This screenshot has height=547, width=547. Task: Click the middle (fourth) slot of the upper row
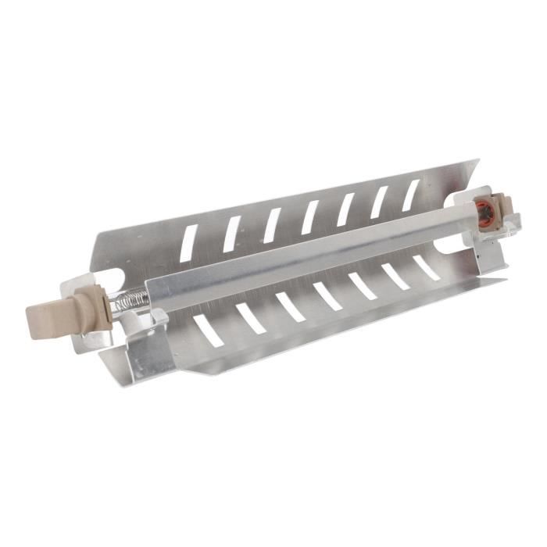(310, 217)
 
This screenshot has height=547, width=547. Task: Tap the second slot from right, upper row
(379, 202)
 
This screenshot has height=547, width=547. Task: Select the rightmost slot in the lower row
(426, 267)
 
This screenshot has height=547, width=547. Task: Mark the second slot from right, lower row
(395, 276)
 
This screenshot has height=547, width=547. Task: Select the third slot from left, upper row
(272, 225)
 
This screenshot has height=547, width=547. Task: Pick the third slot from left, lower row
(290, 306)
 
